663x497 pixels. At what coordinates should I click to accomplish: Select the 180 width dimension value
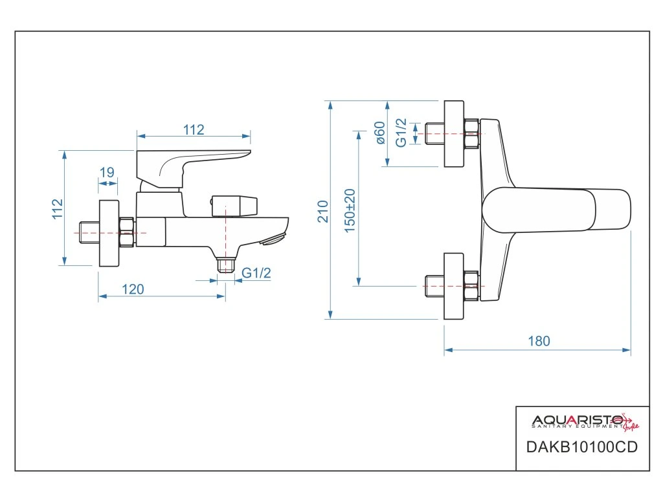click(538, 341)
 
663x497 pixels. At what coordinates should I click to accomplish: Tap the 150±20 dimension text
click(350, 211)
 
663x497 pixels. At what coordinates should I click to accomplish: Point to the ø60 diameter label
click(380, 133)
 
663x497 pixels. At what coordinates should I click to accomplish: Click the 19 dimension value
click(107, 172)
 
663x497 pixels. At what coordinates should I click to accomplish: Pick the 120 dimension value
click(133, 289)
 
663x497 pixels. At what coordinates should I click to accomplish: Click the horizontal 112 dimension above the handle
click(193, 129)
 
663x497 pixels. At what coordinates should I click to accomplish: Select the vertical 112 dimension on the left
click(58, 209)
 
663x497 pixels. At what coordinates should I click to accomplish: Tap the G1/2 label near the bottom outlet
click(256, 273)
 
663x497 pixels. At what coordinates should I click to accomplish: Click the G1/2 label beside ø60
click(401, 133)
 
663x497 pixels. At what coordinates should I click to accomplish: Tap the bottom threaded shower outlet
click(225, 265)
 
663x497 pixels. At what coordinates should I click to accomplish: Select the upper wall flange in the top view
click(454, 133)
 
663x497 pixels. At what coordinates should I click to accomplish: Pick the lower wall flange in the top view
click(454, 285)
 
